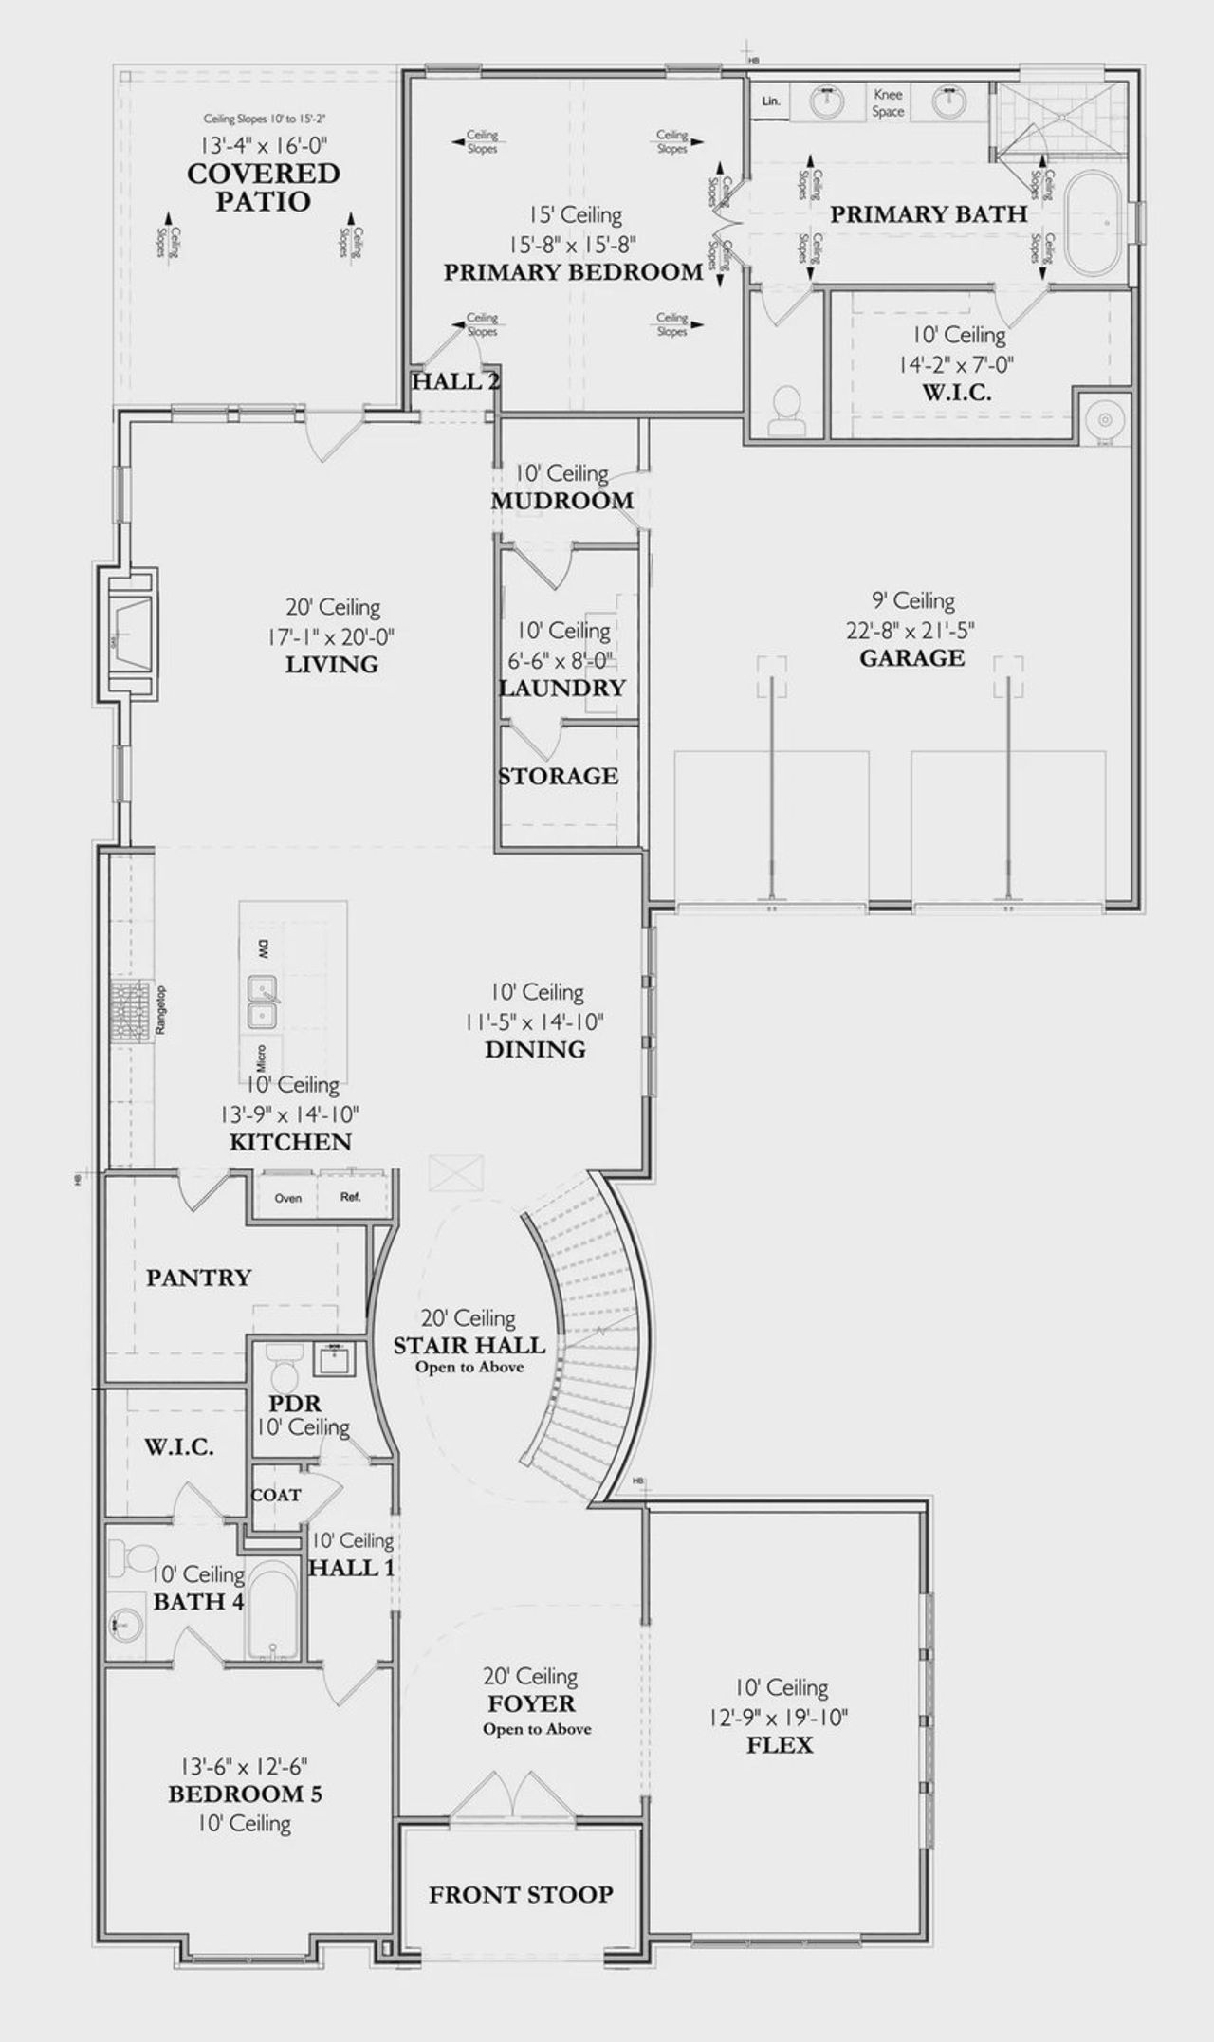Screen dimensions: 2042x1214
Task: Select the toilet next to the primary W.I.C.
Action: click(785, 412)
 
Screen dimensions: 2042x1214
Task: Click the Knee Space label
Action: click(888, 102)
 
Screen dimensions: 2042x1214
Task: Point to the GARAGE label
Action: click(911, 657)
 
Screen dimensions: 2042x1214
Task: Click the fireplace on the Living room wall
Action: click(130, 634)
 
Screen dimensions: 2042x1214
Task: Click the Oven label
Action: click(288, 1198)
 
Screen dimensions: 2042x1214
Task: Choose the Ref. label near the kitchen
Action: click(351, 1197)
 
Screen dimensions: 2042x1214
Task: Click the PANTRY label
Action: click(198, 1278)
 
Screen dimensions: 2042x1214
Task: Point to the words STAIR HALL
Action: click(469, 1345)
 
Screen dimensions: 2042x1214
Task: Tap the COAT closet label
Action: click(276, 1495)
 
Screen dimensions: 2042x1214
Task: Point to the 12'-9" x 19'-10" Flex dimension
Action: click(779, 1716)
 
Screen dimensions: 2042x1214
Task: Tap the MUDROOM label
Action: click(561, 501)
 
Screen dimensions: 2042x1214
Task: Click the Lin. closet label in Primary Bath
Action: click(770, 101)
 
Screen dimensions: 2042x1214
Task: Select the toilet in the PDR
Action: click(282, 1367)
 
